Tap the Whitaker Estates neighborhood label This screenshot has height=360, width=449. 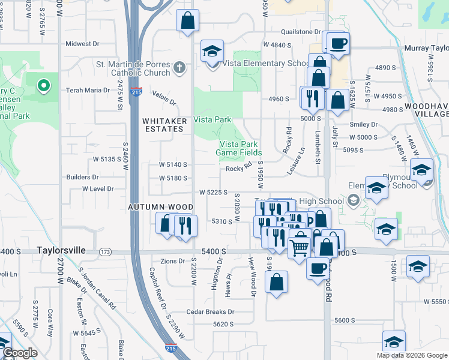pyautogui.click(x=163, y=125)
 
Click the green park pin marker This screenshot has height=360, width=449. pyautogui.click(x=43, y=86)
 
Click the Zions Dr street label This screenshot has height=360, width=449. pyautogui.click(x=173, y=261)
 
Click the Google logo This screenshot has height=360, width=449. pyautogui.click(x=20, y=353)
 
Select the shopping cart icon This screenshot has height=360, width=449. pyautogui.click(x=300, y=247)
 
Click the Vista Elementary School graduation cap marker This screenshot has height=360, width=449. pyautogui.click(x=212, y=53)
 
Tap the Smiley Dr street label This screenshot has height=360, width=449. pyautogui.click(x=365, y=125)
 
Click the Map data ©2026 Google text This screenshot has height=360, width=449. pyautogui.click(x=412, y=355)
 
